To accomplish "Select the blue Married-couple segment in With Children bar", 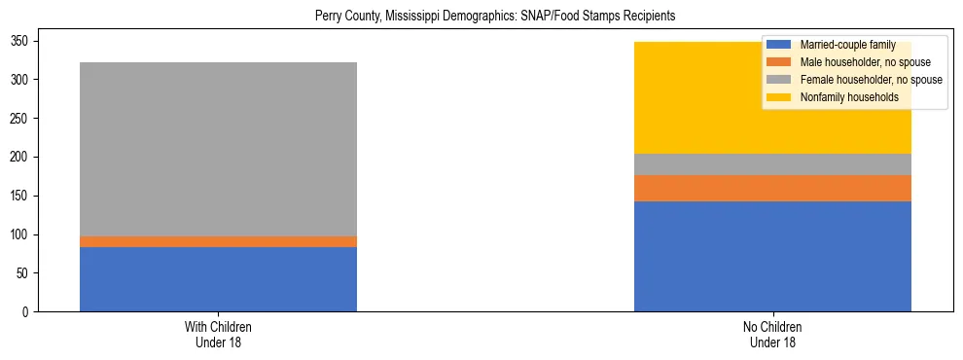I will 218,279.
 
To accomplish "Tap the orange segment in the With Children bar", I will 218,241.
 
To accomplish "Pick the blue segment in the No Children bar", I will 772,256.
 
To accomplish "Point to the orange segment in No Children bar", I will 772,188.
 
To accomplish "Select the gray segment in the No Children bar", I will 772,164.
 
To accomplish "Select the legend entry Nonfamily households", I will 842,97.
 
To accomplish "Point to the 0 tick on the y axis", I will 27,312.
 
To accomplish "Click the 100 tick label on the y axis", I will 21,234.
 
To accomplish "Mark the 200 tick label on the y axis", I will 21,157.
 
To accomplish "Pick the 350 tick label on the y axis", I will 21,41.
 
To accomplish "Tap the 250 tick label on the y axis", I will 21,119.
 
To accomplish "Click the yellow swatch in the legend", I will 779,97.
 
